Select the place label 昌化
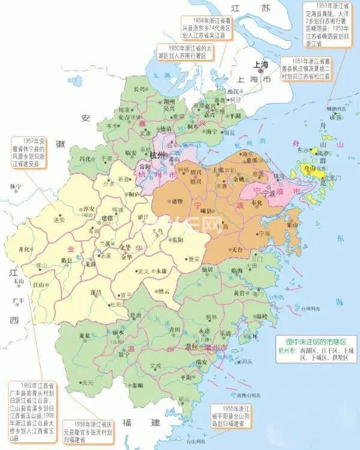[86, 158]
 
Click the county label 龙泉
[86, 336]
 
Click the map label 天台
[237, 248]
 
